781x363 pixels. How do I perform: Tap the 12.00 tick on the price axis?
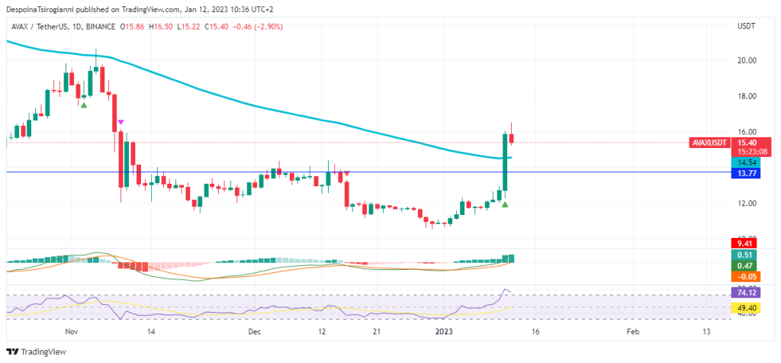pos(747,204)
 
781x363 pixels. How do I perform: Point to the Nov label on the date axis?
pos(72,332)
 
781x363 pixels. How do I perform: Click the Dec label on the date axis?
pos(255,332)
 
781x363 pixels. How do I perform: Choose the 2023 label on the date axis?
pos(443,332)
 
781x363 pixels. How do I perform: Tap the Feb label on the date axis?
pos(632,332)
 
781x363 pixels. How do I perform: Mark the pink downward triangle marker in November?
pos(121,122)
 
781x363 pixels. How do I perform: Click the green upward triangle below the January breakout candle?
pos(505,204)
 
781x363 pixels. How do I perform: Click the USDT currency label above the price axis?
pos(746,27)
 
